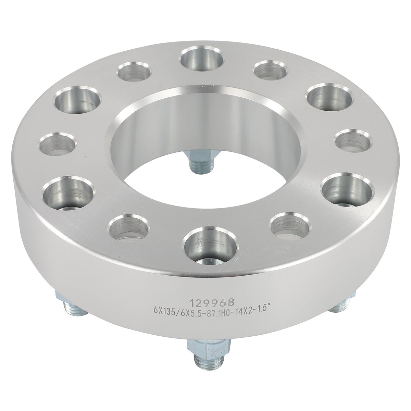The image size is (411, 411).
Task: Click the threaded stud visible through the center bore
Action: (x=201, y=159)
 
